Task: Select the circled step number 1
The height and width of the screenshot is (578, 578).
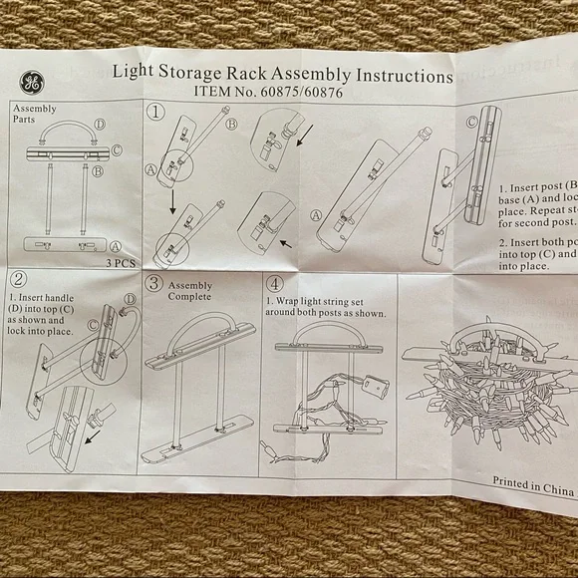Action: (x=156, y=112)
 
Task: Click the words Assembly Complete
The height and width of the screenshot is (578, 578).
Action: (x=190, y=290)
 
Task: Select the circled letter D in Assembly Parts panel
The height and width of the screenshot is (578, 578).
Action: (x=100, y=125)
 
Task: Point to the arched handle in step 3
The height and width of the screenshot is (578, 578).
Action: (x=197, y=324)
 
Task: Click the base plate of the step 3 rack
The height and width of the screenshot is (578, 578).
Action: (x=197, y=438)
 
